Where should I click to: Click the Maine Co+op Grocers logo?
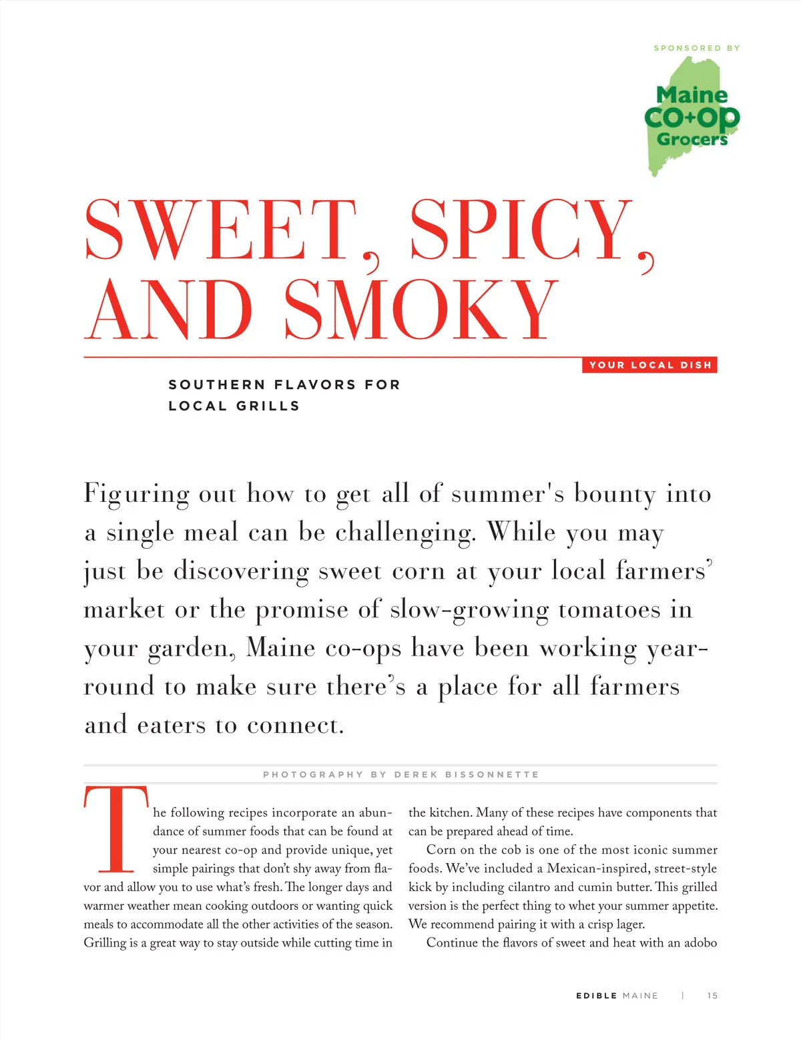click(x=692, y=117)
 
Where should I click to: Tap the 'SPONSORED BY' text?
click(x=696, y=48)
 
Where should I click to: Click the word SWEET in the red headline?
click(x=220, y=230)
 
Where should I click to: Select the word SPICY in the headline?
click(x=521, y=230)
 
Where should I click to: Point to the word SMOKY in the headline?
click(x=421, y=310)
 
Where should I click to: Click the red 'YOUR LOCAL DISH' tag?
click(x=649, y=365)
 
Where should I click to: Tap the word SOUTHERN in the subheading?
click(x=217, y=384)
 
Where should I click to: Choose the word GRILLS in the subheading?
click(x=268, y=406)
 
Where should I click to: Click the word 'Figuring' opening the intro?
click(x=137, y=495)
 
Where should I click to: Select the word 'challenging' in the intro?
click(x=405, y=533)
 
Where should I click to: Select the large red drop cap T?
click(x=116, y=830)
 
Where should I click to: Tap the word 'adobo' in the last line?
click(x=700, y=943)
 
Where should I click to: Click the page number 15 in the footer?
click(x=712, y=995)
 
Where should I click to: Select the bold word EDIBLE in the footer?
click(x=596, y=995)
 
